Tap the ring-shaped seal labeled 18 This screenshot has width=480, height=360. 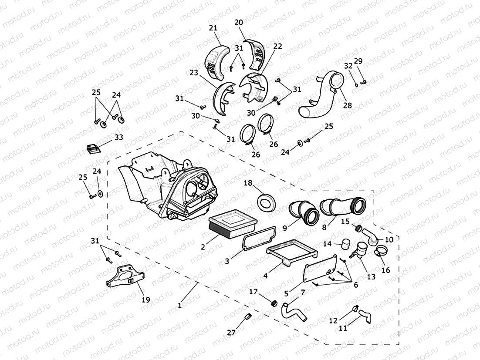266,202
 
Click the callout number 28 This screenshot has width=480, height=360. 347,106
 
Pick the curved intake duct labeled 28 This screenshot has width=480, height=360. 325,98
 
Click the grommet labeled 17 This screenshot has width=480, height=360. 274,303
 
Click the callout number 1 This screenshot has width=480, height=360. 179,306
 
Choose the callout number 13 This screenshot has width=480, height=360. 371,276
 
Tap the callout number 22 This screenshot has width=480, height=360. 277,47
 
